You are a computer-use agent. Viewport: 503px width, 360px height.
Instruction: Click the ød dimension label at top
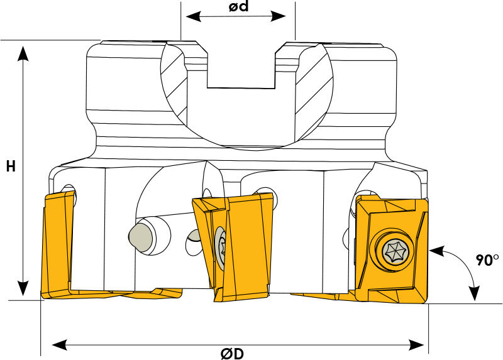pyautogui.click(x=238, y=6)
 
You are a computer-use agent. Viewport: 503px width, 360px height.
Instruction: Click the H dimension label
pyautogui.click(x=11, y=166)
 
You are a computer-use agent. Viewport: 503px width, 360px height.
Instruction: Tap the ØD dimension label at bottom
pyautogui.click(x=232, y=354)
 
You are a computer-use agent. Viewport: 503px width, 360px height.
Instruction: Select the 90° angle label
pyautogui.click(x=488, y=260)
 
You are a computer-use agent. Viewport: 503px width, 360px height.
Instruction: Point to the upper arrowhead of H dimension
pyautogui.click(x=23, y=53)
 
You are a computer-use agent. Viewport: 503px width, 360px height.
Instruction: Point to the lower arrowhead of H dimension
pyautogui.click(x=23, y=288)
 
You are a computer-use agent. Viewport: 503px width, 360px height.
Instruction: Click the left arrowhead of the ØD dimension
pyautogui.click(x=60, y=345)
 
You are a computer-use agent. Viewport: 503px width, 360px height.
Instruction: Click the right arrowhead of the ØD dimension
pyautogui.click(x=416, y=345)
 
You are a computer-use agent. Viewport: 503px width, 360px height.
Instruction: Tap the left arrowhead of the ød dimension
pyautogui.click(x=194, y=16)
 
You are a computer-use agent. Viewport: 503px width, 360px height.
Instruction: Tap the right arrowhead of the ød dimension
pyautogui.click(x=278, y=16)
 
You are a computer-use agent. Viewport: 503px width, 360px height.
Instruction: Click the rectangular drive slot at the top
pyautogui.click(x=241, y=69)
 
